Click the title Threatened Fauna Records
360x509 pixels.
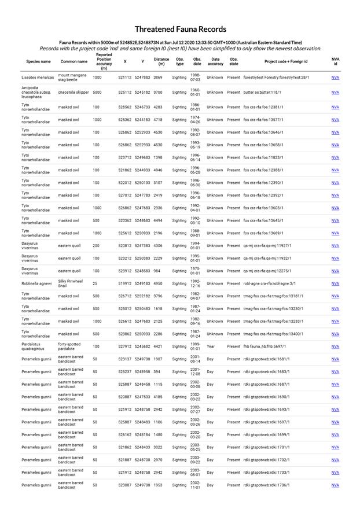point(180,29)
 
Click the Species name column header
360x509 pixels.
point(38,61)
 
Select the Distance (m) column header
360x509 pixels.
point(161,61)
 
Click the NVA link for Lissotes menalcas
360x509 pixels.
point(335,77)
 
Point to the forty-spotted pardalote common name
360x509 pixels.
point(69,346)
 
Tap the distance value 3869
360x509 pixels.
point(158,77)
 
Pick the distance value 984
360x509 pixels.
point(157,271)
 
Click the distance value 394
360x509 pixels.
point(157,372)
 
